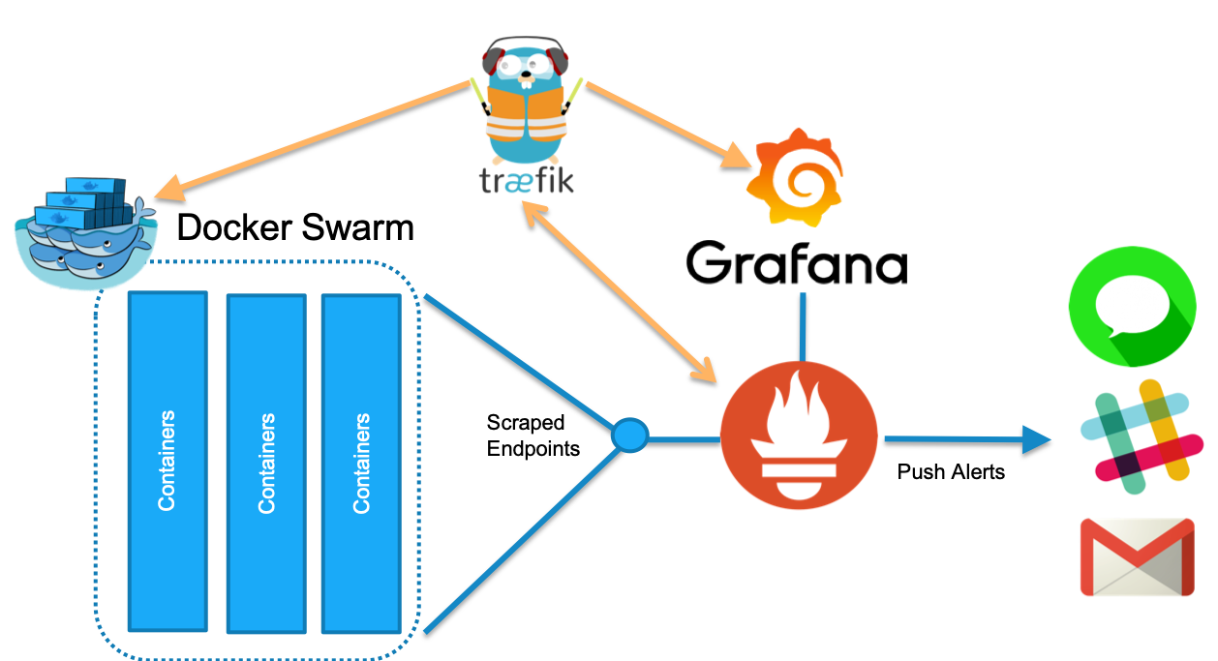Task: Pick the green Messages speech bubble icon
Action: tap(1131, 304)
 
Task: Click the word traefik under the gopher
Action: tap(526, 181)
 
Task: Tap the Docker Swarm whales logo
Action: tap(85, 232)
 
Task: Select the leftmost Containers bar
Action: tap(167, 461)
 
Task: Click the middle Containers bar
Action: tap(266, 463)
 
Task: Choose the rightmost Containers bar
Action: tap(361, 463)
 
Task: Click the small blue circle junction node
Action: tap(629, 436)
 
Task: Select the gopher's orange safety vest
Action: tap(523, 112)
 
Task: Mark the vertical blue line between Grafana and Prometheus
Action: tap(803, 324)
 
